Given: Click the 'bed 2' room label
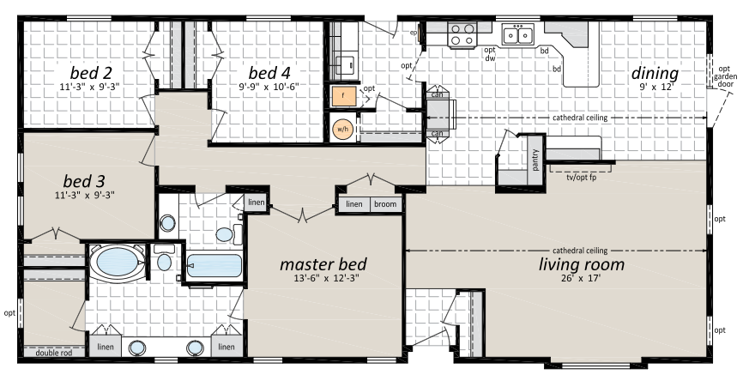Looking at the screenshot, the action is click(x=91, y=73).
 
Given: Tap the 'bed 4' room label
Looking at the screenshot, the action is click(x=269, y=73).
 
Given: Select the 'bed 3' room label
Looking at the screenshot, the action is click(x=84, y=181).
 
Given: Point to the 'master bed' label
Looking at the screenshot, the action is click(x=323, y=264).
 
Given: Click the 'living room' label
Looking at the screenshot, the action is click(x=582, y=264).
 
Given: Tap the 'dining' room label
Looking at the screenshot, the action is click(x=655, y=74).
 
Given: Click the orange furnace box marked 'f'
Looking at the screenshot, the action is click(x=343, y=96).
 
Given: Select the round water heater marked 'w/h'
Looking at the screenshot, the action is click(x=342, y=129).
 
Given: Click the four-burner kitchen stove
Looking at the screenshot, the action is click(x=462, y=34).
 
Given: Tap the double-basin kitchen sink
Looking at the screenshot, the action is click(x=518, y=34).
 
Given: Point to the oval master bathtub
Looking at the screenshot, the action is click(x=117, y=262).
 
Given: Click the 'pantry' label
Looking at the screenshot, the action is click(x=535, y=160).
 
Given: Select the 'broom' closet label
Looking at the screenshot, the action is click(x=385, y=204).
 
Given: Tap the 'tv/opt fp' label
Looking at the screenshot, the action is click(x=581, y=177).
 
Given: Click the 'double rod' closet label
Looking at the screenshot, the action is click(x=54, y=353).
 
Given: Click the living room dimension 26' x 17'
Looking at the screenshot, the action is click(x=580, y=278).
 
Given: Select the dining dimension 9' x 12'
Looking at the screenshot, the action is click(x=655, y=88).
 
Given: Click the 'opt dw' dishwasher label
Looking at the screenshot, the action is click(x=490, y=54).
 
